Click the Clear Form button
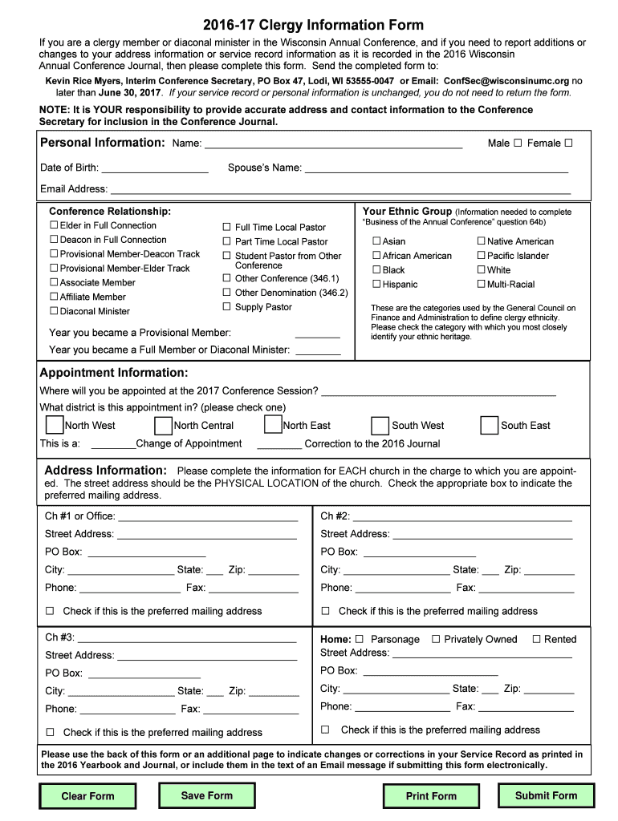(87, 796)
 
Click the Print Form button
(431, 796)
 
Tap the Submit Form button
(546, 795)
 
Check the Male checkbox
(518, 143)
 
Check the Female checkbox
(568, 143)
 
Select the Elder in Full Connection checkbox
(54, 225)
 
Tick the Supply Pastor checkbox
(227, 306)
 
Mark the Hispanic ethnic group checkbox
(376, 284)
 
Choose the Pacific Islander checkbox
(482, 255)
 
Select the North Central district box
(163, 425)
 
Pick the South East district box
(489, 425)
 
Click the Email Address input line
(340, 189)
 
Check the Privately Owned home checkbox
(436, 639)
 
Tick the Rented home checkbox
(536, 639)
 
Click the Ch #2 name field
(461, 516)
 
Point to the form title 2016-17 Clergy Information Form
(313, 25)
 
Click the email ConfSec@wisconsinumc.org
(506, 81)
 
